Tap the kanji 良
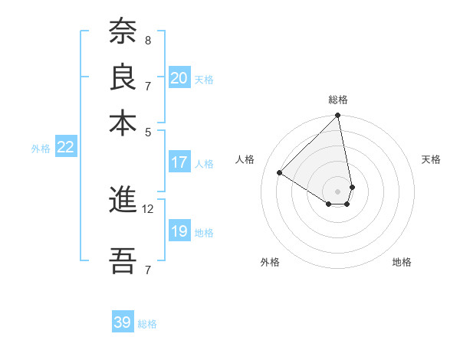click(123, 77)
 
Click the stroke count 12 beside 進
click(149, 208)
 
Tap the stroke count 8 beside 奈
click(147, 40)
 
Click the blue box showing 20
click(179, 78)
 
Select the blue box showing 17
click(179, 162)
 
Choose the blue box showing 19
click(179, 231)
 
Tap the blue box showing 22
click(65, 147)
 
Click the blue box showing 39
click(123, 322)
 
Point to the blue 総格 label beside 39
click(147, 324)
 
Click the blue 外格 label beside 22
click(41, 149)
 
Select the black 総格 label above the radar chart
click(337, 100)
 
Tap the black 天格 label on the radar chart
click(431, 159)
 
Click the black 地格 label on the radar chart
click(402, 262)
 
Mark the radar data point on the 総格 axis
click(337, 116)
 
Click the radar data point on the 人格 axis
click(280, 173)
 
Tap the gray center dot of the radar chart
click(337, 191)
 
